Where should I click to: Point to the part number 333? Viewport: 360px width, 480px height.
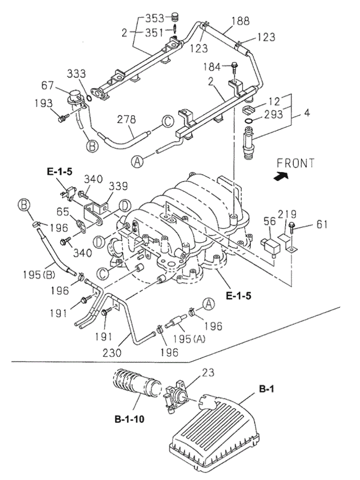click(76, 74)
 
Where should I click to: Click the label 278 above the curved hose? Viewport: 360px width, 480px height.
click(128, 119)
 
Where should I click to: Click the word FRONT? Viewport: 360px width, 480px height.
click(295, 164)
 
